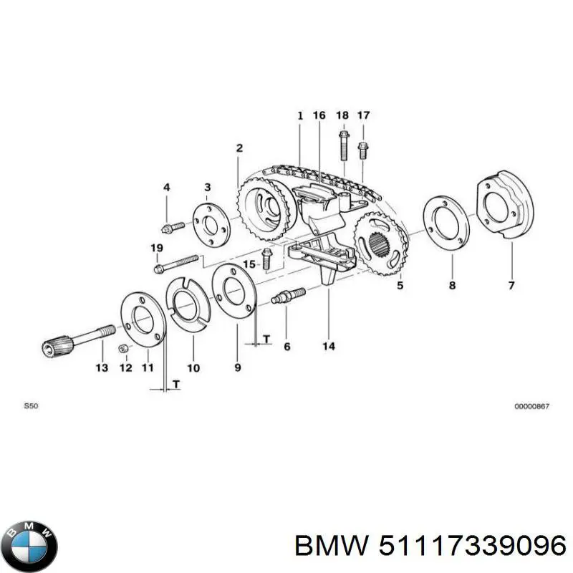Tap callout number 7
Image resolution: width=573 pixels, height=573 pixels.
pos(511,286)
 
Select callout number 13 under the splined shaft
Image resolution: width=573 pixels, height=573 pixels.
pos(101,367)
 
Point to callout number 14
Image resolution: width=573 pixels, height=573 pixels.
pos(329,347)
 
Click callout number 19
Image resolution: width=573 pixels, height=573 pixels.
pos(157,248)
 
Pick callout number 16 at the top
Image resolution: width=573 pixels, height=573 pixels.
pos(319,115)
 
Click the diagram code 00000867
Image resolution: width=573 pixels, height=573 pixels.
pos(531,406)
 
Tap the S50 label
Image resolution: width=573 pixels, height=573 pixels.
pos(31,406)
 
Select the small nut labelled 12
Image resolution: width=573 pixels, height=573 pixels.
pos(122,348)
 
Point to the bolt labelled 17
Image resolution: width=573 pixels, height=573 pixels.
pos(362,151)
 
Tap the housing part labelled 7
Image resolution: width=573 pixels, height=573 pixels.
pos(506,204)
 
